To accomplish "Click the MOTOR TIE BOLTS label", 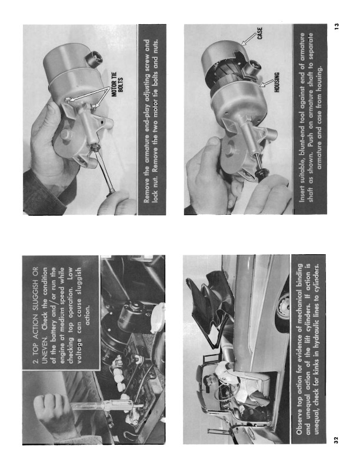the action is click(118, 84).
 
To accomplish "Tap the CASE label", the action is click(260, 34).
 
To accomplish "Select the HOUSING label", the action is click(276, 82).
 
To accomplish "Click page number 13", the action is click(336, 26).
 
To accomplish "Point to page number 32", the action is click(336, 440).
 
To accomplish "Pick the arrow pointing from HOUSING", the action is click(266, 83).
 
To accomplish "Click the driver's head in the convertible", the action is click(207, 382).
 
